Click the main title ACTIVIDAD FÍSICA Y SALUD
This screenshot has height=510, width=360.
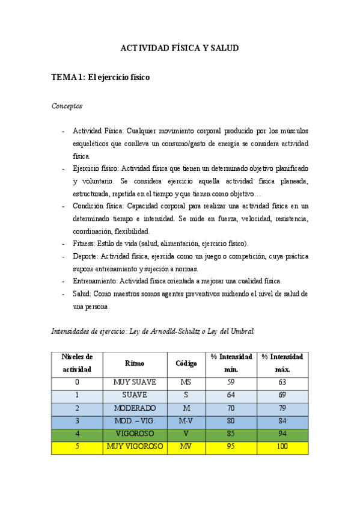tap(180, 48)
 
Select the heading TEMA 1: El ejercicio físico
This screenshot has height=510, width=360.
tap(100, 77)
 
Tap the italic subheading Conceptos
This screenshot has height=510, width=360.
tap(67, 106)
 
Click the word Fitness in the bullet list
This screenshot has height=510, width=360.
tap(84, 243)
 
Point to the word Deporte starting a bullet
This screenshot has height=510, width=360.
tap(85, 256)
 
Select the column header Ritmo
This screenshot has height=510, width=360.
tap(135, 363)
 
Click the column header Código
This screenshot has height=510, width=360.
tap(186, 363)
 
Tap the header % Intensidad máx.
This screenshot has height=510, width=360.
tap(282, 363)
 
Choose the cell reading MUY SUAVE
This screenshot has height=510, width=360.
tap(135, 382)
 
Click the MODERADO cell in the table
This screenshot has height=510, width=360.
tap(135, 408)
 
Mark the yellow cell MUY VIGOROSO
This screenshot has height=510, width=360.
tap(135, 447)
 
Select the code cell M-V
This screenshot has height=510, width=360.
tap(186, 421)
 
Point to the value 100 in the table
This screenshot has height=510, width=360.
tap(282, 447)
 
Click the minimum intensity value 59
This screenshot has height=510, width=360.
tap(231, 382)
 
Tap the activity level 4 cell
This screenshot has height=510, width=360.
tap(77, 434)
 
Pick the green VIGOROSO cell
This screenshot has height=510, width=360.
tap(135, 434)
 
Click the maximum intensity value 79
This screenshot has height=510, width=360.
tap(282, 408)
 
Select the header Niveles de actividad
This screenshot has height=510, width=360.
tap(77, 363)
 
